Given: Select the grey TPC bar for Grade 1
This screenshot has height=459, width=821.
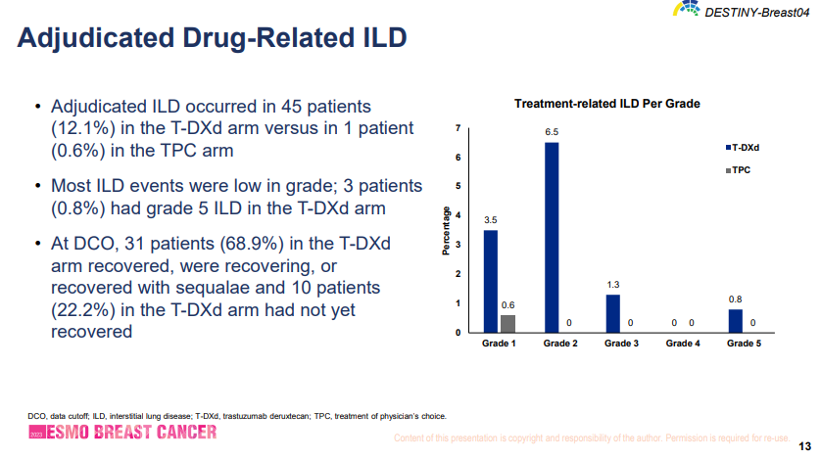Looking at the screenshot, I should pyautogui.click(x=507, y=324).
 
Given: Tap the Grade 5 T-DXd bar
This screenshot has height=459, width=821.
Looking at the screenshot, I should pyautogui.click(x=735, y=321).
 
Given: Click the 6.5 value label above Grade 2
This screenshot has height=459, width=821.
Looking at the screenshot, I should pyautogui.click(x=552, y=131).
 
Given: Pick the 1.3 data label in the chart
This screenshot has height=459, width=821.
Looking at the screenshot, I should pyautogui.click(x=612, y=284).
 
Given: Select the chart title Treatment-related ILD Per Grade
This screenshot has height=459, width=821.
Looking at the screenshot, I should pyautogui.click(x=607, y=104).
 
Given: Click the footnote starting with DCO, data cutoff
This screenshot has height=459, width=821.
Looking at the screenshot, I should pyautogui.click(x=237, y=416).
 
